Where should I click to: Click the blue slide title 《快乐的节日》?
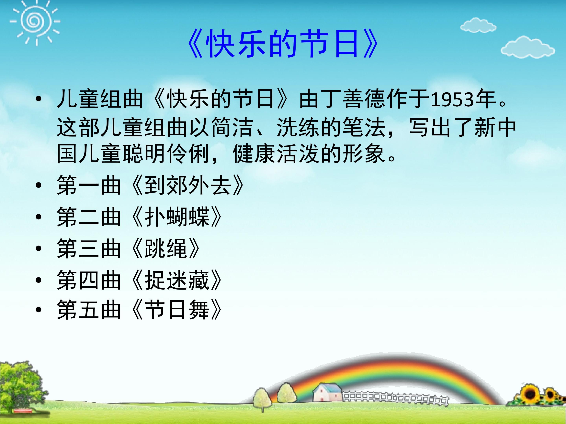coord(283,43)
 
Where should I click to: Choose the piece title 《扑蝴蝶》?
coord(176,217)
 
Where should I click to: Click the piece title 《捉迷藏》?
coord(176,280)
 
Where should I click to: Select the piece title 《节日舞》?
coord(176,310)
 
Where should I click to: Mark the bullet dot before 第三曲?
coord(39,249)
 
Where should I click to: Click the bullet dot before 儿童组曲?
coord(39,99)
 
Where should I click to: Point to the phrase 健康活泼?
coord(276,154)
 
